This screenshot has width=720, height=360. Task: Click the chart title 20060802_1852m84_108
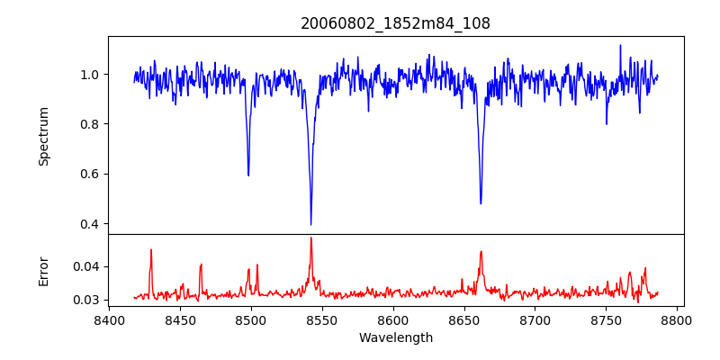pos(395,23)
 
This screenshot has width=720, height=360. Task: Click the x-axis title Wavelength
pos(395,337)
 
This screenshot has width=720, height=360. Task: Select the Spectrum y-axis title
pos(43,136)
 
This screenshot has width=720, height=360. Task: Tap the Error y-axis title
pos(43,270)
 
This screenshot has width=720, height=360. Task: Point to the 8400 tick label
pos(109,319)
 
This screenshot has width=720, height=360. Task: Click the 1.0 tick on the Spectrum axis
pos(92,75)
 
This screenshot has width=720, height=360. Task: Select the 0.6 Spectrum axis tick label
pos(92,174)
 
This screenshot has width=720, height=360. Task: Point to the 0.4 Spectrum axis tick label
pos(92,224)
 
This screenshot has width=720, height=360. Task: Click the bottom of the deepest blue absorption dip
pos(310,224)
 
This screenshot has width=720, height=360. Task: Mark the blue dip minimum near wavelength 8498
pos(248,175)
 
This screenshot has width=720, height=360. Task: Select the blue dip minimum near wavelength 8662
pos(481,202)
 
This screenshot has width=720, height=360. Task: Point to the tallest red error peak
pos(310,238)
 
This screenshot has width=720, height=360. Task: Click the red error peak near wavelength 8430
pos(151,250)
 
